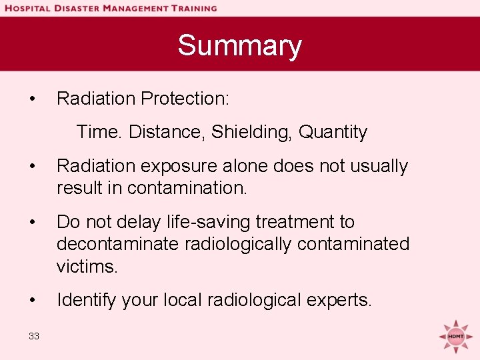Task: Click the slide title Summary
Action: click(239, 46)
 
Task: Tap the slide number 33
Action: click(34, 336)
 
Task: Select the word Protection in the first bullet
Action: click(185, 99)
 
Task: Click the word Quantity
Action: click(333, 132)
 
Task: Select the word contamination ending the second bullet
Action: click(187, 188)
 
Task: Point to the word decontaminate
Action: click(116, 244)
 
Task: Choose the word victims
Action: click(87, 267)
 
